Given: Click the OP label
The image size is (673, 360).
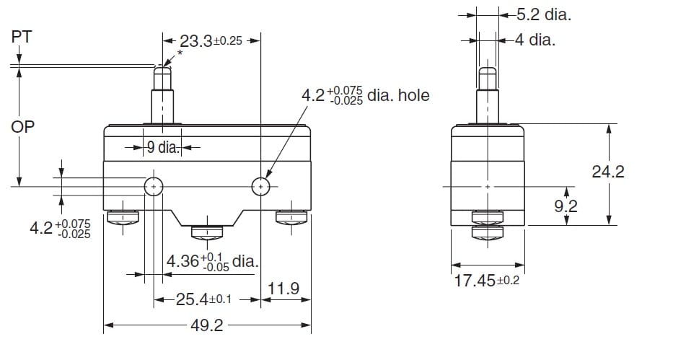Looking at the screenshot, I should (23, 127).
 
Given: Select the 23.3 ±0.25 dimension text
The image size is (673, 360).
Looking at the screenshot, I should (210, 42).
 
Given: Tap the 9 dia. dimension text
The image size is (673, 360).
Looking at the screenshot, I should (162, 149).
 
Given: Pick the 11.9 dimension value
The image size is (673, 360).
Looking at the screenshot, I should (283, 289).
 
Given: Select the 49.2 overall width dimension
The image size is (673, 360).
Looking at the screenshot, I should (207, 326).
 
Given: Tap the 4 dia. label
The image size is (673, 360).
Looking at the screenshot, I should (535, 40).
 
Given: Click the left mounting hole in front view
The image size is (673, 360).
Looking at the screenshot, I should (154, 188).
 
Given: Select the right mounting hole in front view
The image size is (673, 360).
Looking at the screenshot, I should (260, 188).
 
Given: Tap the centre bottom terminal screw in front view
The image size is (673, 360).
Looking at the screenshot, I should (207, 232).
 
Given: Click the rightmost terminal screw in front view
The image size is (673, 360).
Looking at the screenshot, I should (293, 217).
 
